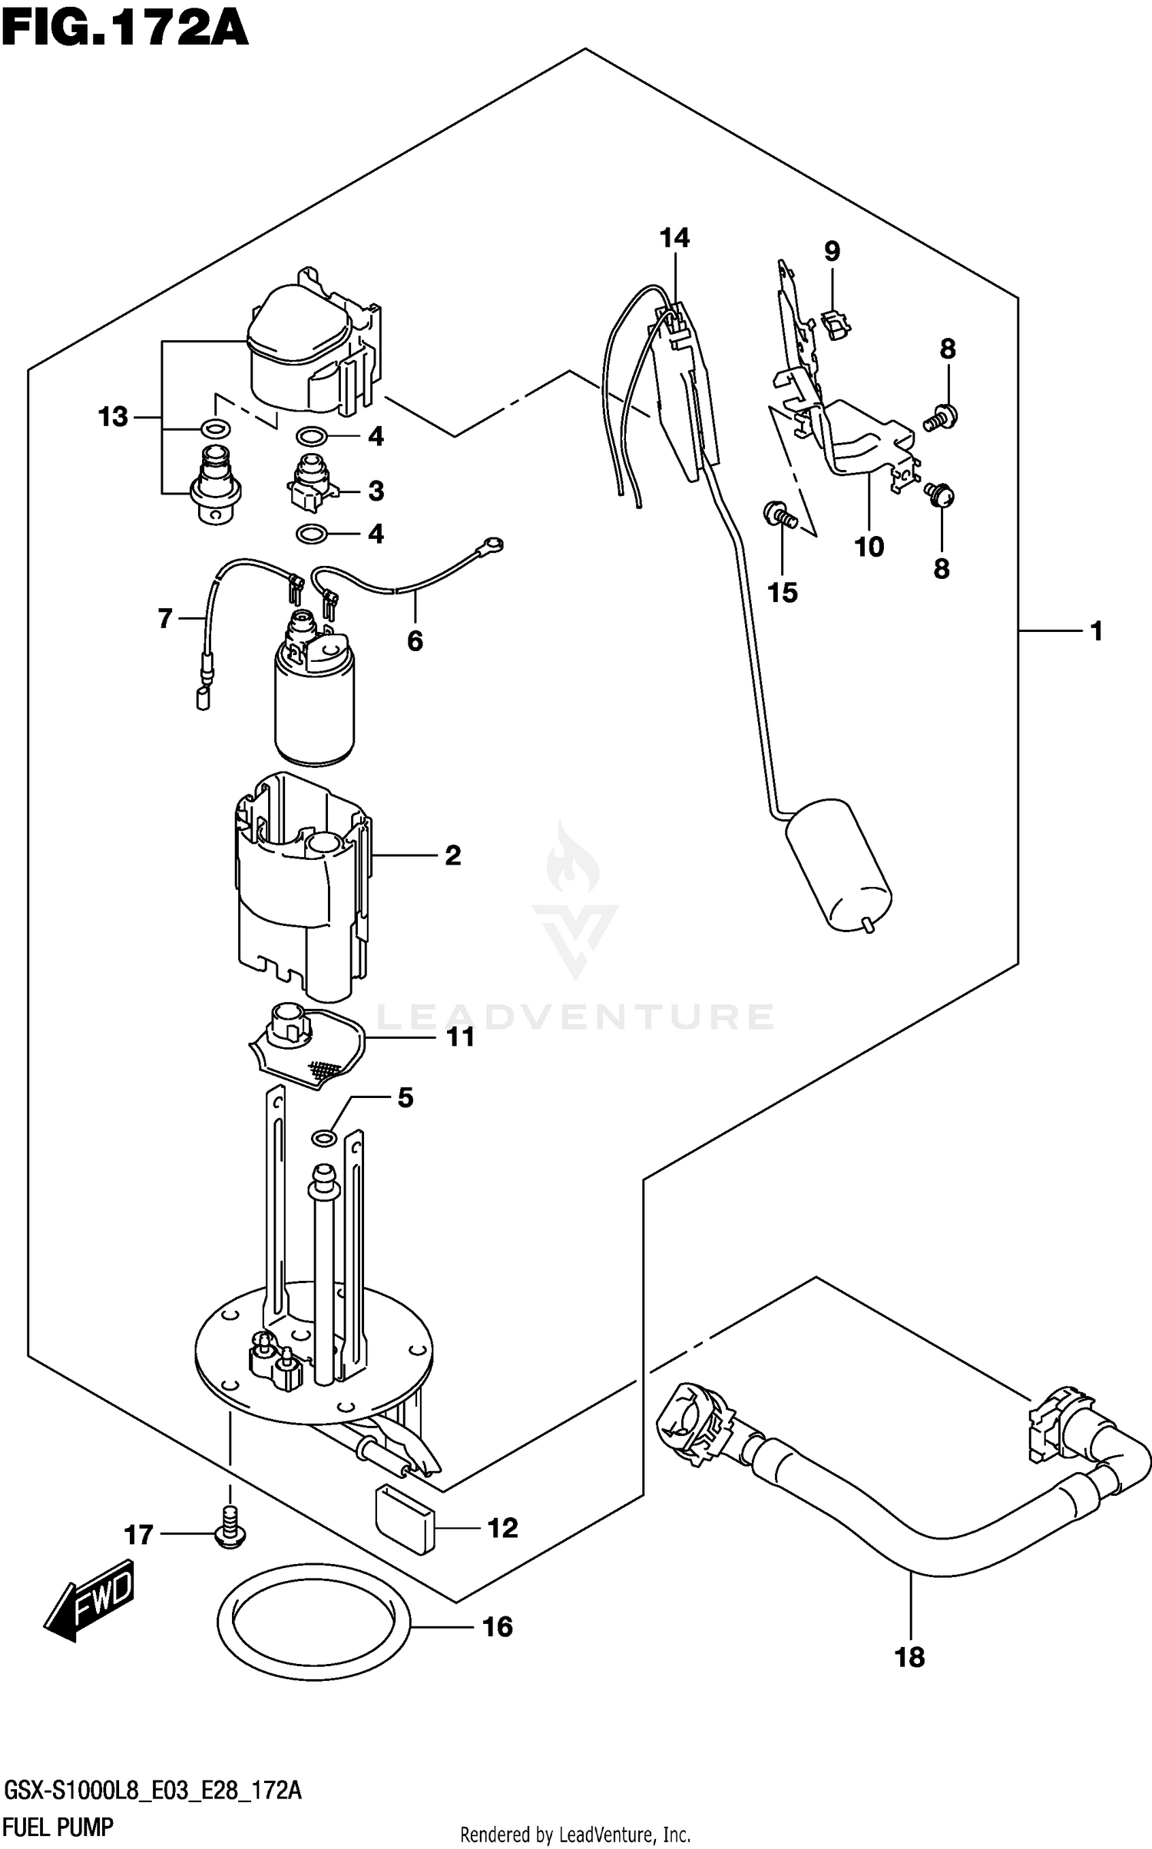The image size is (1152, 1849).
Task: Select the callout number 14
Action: (x=674, y=239)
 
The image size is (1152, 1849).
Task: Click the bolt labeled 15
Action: (x=779, y=513)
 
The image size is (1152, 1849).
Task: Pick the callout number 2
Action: (x=453, y=855)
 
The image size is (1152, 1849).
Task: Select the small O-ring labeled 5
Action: (x=325, y=1136)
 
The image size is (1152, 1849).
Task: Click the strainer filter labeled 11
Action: (x=307, y=1048)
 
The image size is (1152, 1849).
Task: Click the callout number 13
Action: (x=113, y=418)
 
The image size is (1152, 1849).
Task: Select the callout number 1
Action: (x=1096, y=631)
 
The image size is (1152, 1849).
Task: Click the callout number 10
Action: (x=869, y=547)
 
